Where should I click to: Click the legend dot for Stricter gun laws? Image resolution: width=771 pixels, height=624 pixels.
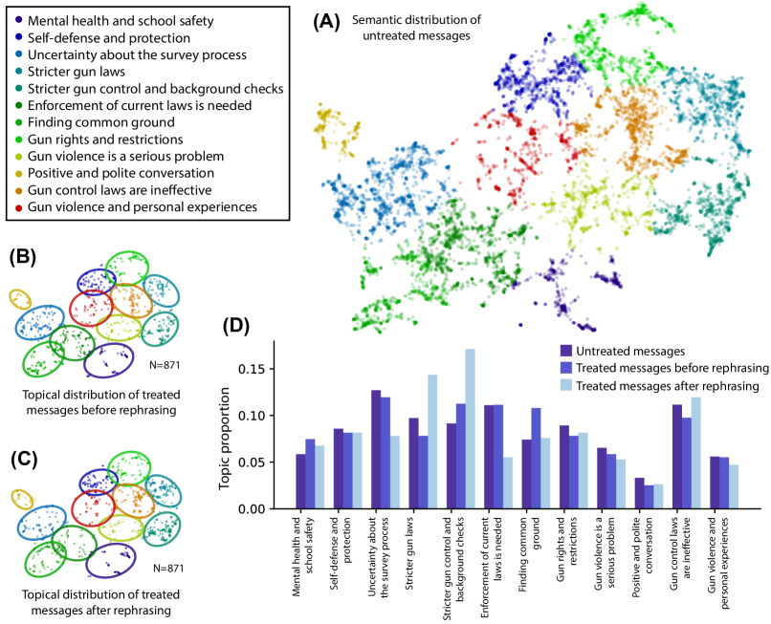(18, 70)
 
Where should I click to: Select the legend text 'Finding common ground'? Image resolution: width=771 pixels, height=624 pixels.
(102, 121)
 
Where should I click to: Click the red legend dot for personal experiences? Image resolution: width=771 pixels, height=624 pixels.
(18, 206)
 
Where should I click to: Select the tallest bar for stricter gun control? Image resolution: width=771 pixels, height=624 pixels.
(470, 428)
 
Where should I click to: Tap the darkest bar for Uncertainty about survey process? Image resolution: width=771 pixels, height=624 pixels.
(376, 449)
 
